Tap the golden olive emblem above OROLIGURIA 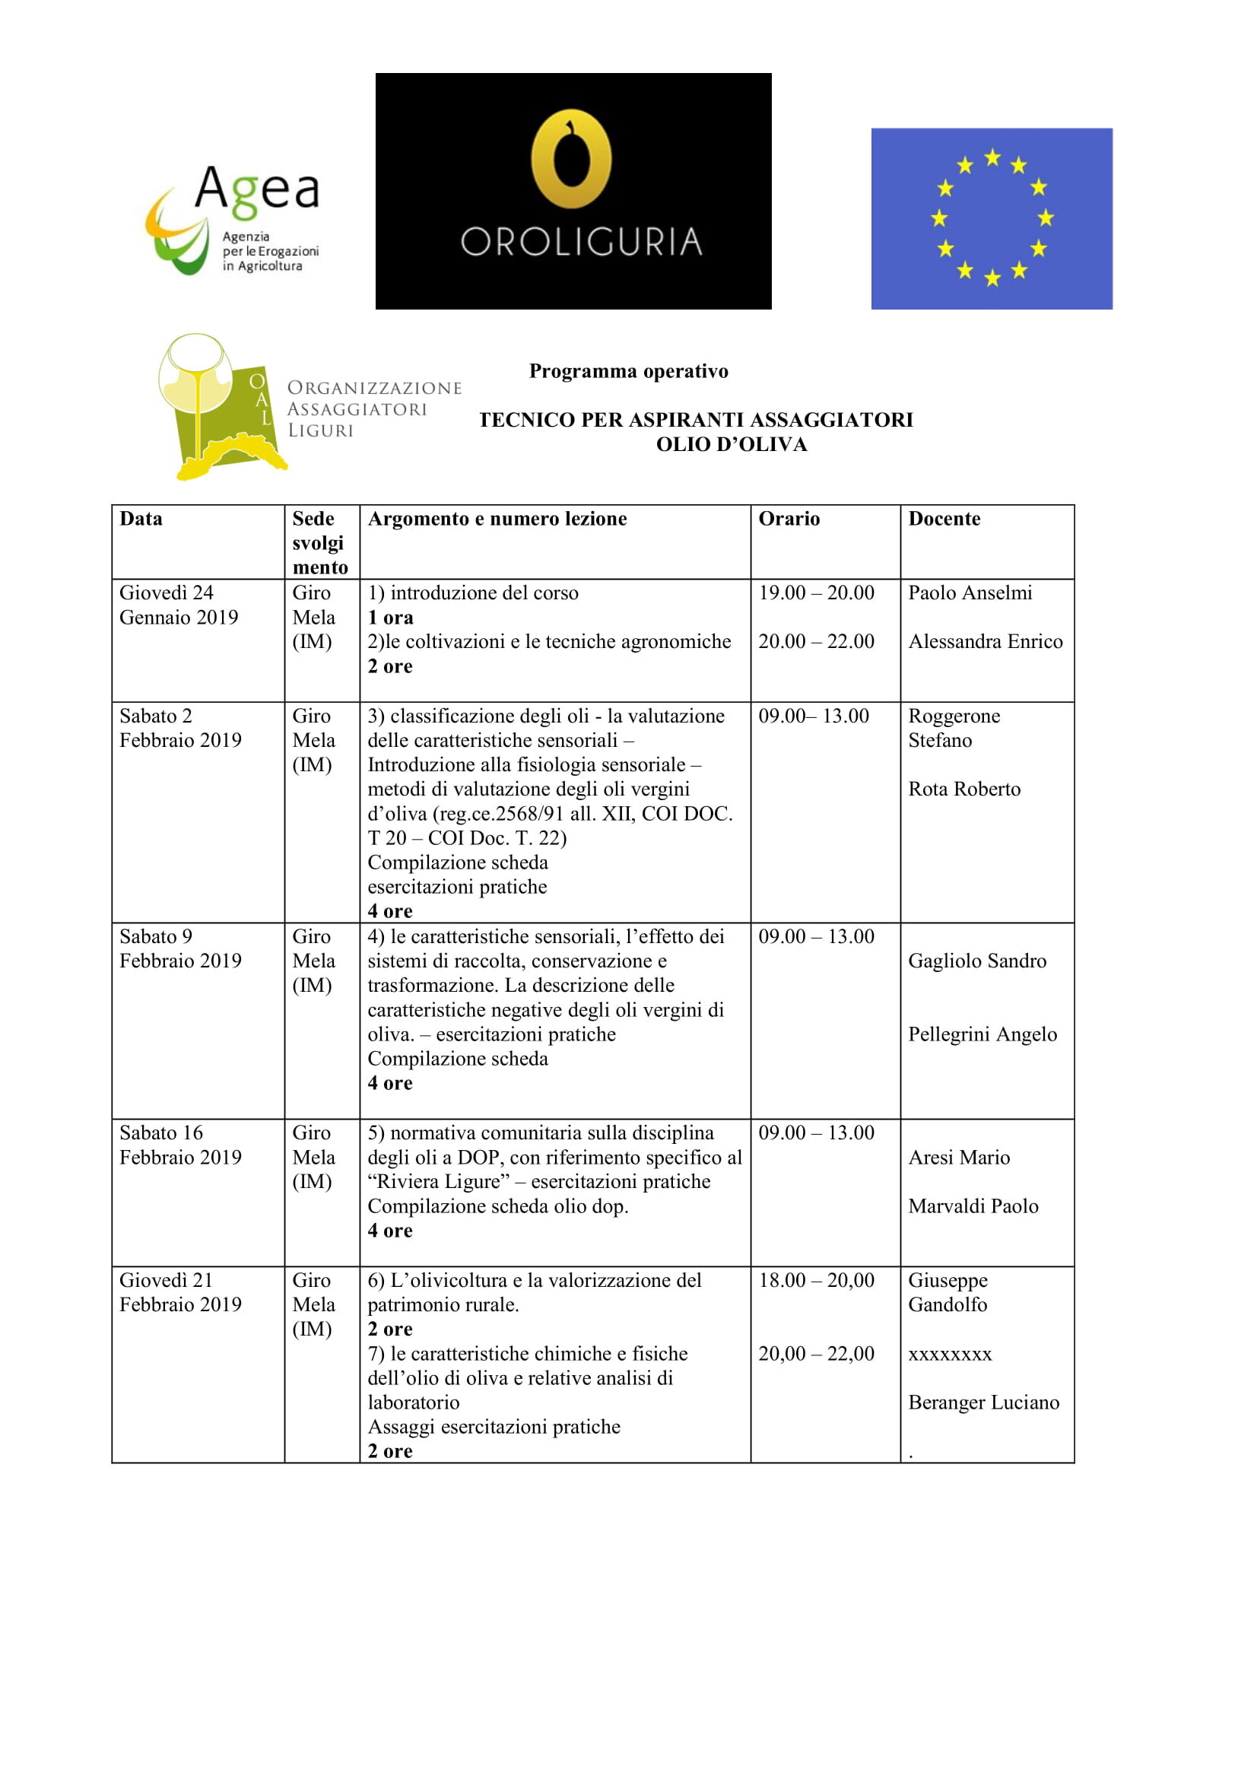(572, 158)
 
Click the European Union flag (992, 218)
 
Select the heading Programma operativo (628, 371)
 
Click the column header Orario (789, 519)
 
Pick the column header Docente (944, 519)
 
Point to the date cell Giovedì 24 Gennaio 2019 (179, 605)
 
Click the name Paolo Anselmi (970, 592)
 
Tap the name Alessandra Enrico (986, 642)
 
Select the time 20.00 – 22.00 (815, 642)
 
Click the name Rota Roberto (964, 789)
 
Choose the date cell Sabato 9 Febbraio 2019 (180, 948)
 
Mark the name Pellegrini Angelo (982, 1034)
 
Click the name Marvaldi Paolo (973, 1206)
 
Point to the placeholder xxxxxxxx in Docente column (950, 1354)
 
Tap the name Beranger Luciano (983, 1403)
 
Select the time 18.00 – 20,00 (815, 1280)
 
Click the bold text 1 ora (390, 618)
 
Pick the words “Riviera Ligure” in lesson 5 (438, 1182)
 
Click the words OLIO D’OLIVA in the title (731, 445)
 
